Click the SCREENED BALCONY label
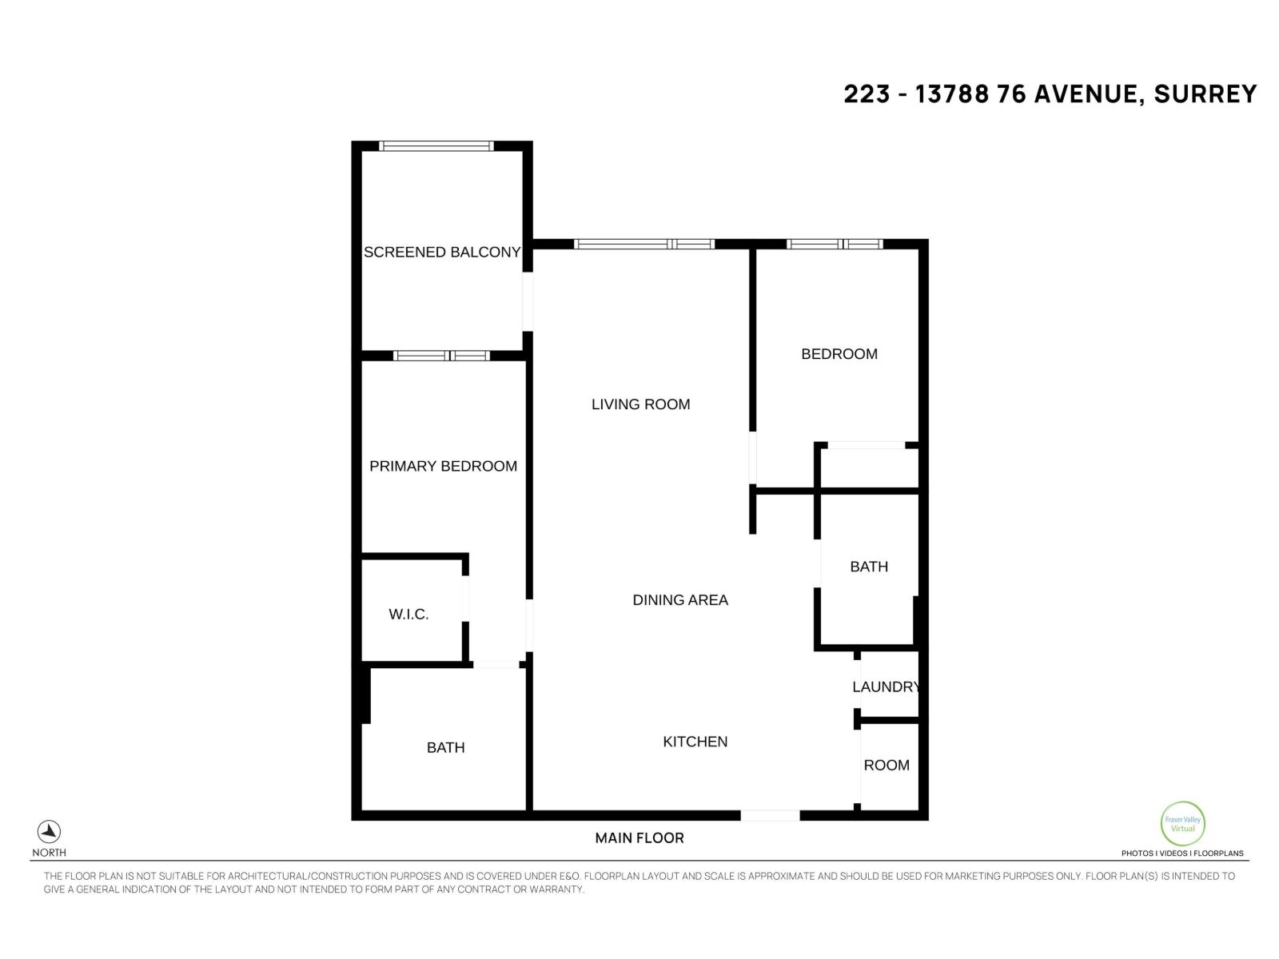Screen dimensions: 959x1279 click(x=442, y=252)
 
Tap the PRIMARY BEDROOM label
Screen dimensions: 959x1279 click(x=443, y=466)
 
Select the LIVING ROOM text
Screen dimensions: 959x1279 click(x=640, y=404)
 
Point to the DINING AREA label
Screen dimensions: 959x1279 click(x=680, y=599)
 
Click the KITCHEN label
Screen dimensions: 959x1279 click(x=695, y=742)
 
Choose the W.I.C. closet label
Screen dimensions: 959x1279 click(x=408, y=614)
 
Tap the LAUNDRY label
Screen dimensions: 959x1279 click(x=886, y=686)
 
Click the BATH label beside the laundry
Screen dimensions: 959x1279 click(x=869, y=567)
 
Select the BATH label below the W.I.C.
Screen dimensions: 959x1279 click(x=445, y=747)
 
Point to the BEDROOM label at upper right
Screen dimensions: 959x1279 click(x=839, y=354)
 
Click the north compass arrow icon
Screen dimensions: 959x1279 click(x=50, y=832)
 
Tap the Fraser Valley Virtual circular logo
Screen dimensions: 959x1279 click(x=1182, y=824)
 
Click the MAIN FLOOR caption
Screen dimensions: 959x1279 click(x=639, y=838)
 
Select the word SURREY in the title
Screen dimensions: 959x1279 click(x=1205, y=94)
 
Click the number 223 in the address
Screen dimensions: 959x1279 click(x=867, y=94)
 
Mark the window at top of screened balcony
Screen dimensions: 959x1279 click(x=436, y=146)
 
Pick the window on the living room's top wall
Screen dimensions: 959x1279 click(x=644, y=244)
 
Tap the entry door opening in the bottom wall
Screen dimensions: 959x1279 click(x=770, y=815)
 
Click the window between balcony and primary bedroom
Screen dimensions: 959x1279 click(x=441, y=356)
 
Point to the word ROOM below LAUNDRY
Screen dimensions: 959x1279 click(x=887, y=765)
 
